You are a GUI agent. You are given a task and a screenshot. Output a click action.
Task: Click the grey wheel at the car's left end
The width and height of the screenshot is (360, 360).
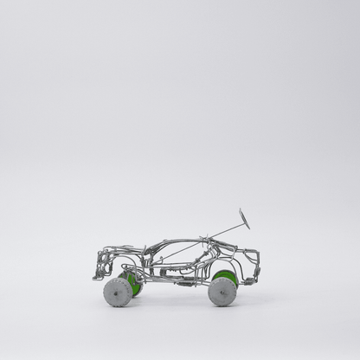(118, 292)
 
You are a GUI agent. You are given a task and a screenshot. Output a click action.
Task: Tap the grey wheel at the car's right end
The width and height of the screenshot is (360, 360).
(222, 292)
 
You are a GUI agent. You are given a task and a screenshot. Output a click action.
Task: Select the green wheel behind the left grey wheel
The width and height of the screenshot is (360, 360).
(133, 283)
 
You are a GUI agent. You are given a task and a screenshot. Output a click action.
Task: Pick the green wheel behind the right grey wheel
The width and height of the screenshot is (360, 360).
(228, 278)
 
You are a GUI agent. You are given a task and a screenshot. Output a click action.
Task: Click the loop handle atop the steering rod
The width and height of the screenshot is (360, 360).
(244, 218)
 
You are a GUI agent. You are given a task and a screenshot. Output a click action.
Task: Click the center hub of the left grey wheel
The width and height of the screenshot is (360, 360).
(118, 292)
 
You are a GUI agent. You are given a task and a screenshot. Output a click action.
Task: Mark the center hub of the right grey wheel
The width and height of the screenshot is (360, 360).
(222, 292)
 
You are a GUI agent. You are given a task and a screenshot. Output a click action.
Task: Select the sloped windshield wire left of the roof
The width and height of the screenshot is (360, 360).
(152, 247)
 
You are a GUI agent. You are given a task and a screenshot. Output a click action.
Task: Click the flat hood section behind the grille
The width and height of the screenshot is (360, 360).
(121, 254)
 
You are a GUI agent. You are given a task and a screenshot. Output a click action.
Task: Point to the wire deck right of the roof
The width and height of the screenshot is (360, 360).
(234, 252)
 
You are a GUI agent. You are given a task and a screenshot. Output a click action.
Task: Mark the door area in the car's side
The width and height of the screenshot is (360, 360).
(177, 267)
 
